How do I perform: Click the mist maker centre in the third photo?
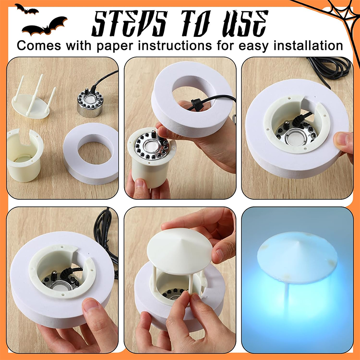(x=297, y=135)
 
